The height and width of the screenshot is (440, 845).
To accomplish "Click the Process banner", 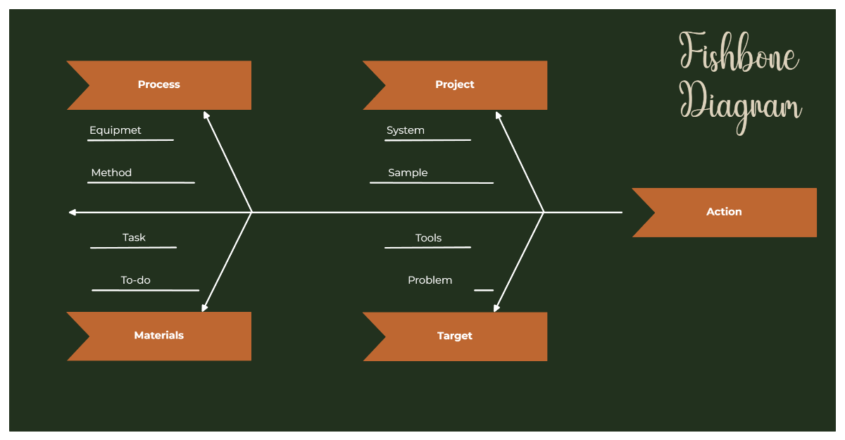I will coord(159,84).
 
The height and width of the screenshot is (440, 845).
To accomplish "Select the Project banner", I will coord(455,84).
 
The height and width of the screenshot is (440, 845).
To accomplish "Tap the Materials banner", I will coord(159,336).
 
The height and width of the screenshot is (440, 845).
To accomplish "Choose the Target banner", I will coord(455,336).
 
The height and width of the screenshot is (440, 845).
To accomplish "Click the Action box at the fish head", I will coord(724,212).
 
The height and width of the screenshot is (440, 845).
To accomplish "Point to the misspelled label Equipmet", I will coord(115,130).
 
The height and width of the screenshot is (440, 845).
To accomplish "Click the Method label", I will coord(111,172).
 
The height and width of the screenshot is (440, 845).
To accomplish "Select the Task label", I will coord(134,238).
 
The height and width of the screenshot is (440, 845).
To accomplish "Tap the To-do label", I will coord(136,280).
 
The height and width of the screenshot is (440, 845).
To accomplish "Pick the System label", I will coord(406,130).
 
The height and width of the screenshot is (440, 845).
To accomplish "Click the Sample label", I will coord(408,172).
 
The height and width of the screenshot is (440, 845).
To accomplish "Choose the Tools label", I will coord(428,238).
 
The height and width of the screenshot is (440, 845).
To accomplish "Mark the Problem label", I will coord(430,280).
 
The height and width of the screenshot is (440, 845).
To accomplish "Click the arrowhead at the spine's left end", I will coord(72,212).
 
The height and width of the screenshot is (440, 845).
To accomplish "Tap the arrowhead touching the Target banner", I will coord(497,308).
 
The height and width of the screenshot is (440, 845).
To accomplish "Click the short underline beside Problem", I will coord(484,290).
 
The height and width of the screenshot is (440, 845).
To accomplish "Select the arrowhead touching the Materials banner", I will coord(204,308).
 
